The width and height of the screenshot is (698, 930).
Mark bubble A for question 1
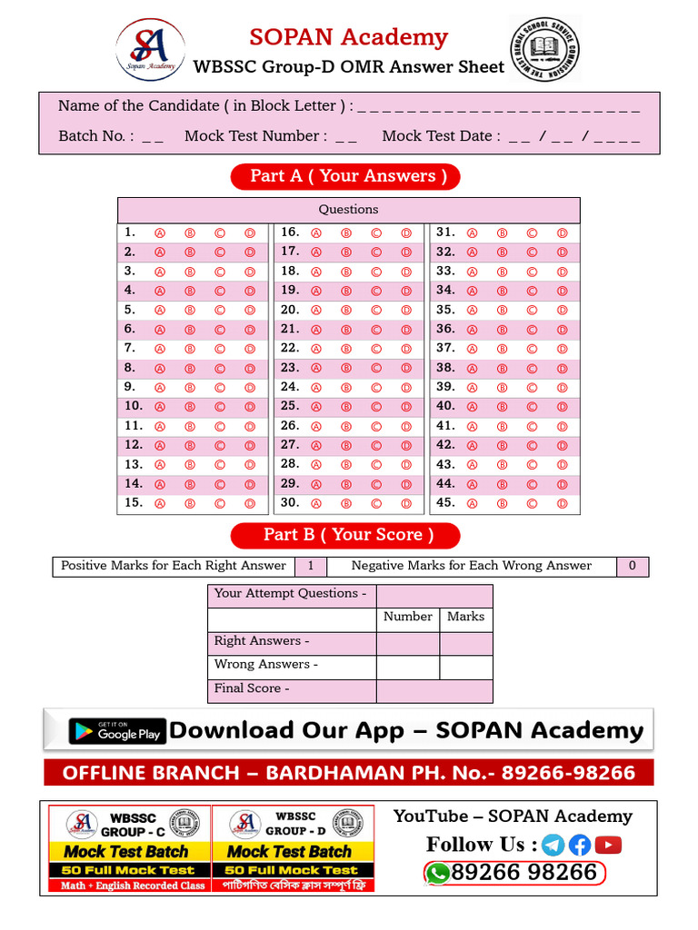click(160, 232)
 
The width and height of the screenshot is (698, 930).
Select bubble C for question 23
click(376, 369)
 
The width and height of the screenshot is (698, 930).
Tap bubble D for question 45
click(563, 503)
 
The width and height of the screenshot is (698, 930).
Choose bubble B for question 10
click(190, 407)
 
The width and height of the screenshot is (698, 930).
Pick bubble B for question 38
click(502, 369)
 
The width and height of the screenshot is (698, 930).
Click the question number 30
click(290, 502)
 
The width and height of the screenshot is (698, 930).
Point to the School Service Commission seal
click(543, 49)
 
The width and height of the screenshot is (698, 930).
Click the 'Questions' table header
click(348, 210)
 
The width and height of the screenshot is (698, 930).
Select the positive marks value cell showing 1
click(311, 566)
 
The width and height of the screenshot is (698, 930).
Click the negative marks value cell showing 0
click(633, 566)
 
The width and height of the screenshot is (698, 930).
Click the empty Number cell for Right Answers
click(407, 644)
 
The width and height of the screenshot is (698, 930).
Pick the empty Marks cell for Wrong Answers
click(466, 668)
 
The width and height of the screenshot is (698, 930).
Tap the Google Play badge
click(117, 731)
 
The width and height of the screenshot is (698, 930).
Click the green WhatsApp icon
click(438, 873)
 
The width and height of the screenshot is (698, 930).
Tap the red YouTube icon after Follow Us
click(608, 846)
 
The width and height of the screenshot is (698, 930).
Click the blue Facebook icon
click(580, 846)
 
